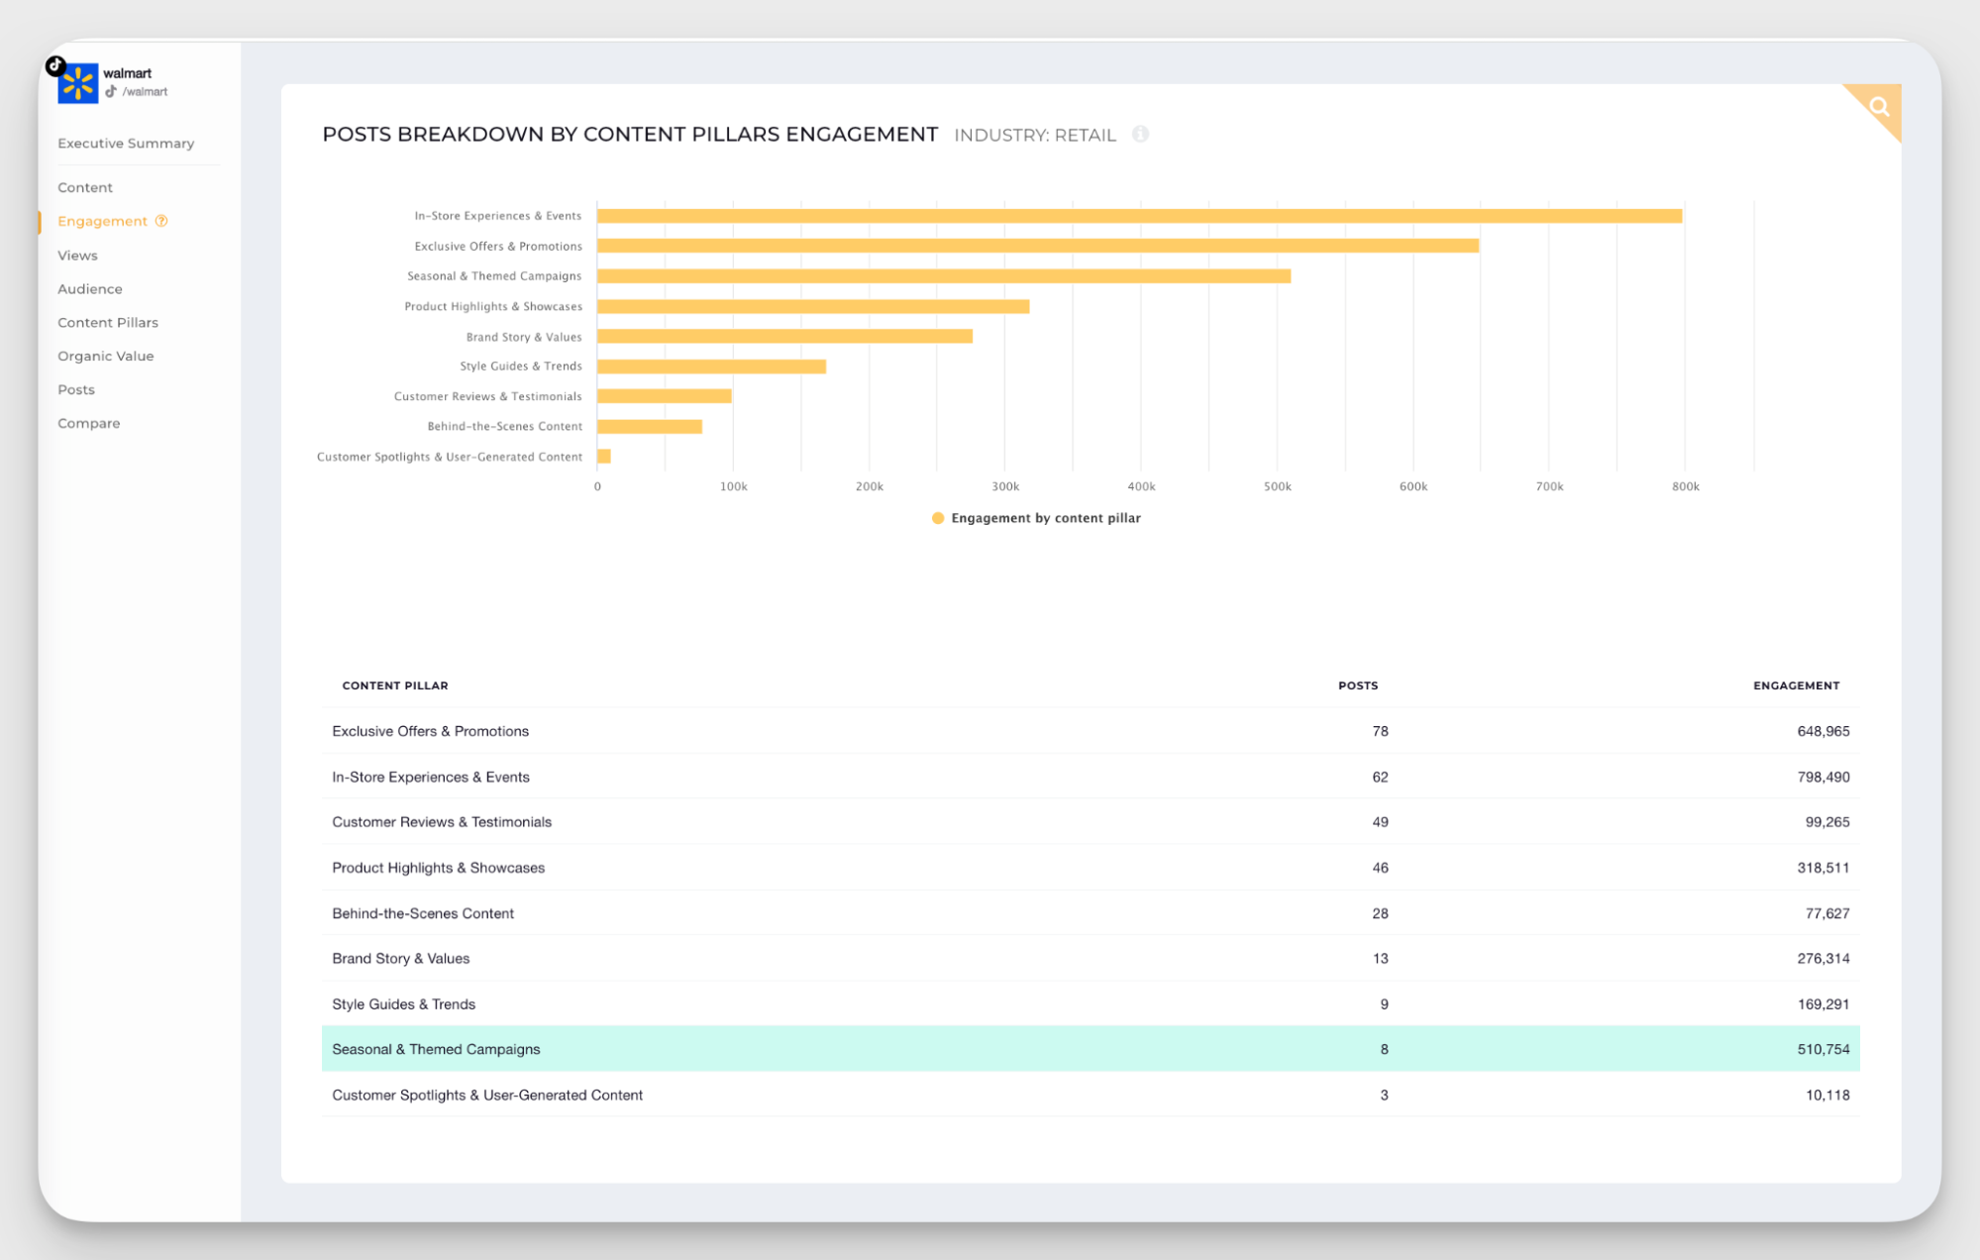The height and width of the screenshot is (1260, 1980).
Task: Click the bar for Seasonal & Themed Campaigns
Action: point(943,276)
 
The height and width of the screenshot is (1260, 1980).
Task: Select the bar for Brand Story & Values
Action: point(784,337)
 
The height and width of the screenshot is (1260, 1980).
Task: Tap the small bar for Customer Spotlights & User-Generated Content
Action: point(604,457)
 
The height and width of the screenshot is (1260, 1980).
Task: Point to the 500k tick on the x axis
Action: point(1277,486)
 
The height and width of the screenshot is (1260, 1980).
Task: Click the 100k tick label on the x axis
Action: point(733,486)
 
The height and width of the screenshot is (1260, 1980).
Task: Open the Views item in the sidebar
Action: point(77,256)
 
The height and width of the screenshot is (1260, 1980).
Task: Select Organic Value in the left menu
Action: point(105,357)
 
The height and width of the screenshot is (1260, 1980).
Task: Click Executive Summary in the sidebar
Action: point(126,144)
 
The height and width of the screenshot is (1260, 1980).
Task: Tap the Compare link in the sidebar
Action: point(88,424)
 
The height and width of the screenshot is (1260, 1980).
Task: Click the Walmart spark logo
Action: point(78,83)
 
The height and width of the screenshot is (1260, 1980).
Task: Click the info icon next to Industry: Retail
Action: point(1140,135)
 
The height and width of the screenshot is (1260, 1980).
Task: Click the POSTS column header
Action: point(1357,685)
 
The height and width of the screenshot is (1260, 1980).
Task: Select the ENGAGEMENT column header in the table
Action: point(1795,685)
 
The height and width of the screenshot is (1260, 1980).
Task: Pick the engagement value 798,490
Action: point(1823,778)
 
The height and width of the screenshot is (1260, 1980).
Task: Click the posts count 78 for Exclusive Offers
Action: point(1380,732)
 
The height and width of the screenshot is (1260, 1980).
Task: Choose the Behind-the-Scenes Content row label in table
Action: point(423,913)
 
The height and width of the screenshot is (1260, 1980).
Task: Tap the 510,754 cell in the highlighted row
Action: point(1823,1050)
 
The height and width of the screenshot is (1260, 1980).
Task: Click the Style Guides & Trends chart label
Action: point(520,367)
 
